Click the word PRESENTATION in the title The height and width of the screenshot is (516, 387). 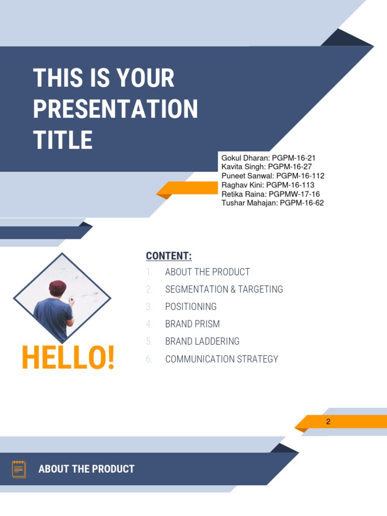tap(115, 109)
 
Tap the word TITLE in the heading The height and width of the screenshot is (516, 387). tap(63, 140)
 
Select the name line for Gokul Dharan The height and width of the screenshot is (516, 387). tap(269, 158)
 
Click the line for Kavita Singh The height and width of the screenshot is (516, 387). tap(267, 167)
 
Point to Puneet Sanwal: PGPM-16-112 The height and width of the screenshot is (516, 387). tap(273, 176)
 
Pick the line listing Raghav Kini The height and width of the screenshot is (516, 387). tap(268, 185)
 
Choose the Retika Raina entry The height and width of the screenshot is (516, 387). tap(271, 194)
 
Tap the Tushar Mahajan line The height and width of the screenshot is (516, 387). tap(273, 203)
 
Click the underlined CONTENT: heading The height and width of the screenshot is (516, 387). tap(169, 256)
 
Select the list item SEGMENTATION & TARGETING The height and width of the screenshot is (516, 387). tap(224, 289)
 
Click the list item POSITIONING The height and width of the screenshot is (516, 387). tap(190, 306)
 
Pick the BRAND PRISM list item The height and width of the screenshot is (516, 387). tap(192, 324)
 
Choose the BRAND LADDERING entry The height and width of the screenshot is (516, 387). tap(202, 341)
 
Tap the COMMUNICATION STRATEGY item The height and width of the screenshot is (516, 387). tap(221, 359)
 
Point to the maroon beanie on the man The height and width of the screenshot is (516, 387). tap(57, 288)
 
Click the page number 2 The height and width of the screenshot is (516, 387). tap(328, 422)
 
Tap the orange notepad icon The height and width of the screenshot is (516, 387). tap(19, 469)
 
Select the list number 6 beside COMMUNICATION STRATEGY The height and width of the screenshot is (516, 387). tap(149, 359)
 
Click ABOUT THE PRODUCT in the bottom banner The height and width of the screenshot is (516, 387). tap(86, 469)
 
